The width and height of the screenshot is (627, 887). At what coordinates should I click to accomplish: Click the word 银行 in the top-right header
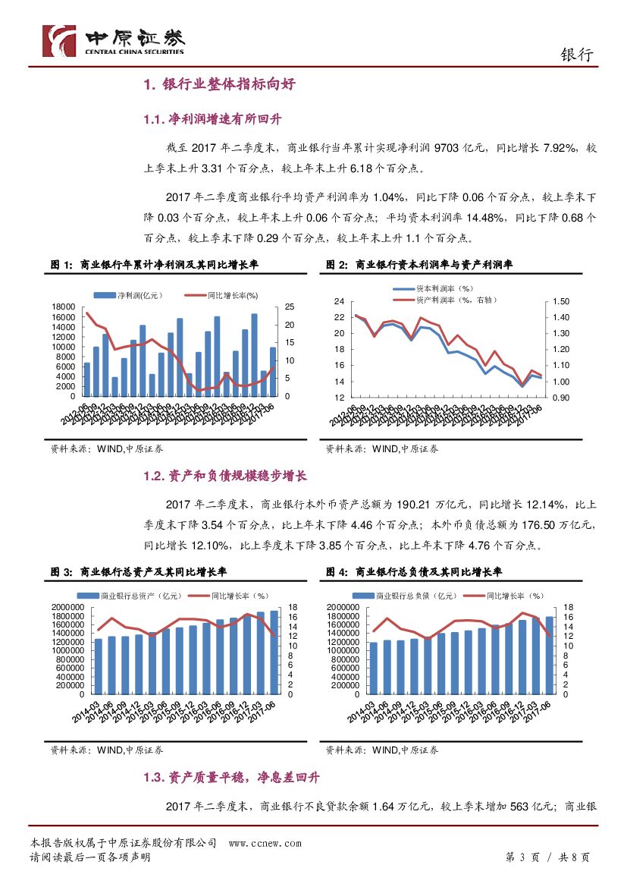coord(575,55)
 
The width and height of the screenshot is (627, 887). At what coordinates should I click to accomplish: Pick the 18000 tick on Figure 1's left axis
coord(64,307)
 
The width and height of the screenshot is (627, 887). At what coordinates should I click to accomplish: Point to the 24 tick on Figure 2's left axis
coord(339,301)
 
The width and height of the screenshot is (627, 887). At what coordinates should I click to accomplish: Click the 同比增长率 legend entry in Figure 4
coord(537,596)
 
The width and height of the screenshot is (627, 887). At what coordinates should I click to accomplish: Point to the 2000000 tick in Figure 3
coord(66,608)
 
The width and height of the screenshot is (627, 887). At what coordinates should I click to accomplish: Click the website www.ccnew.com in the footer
coord(265,844)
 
